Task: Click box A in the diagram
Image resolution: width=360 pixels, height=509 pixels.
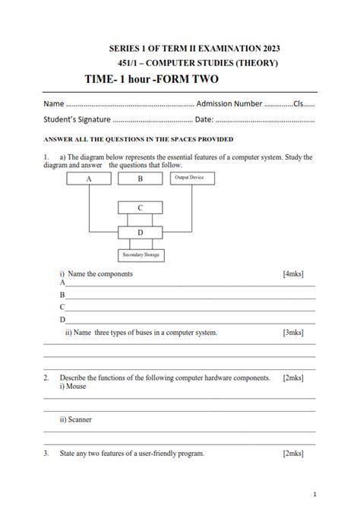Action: point(89,179)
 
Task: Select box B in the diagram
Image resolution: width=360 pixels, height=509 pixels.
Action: point(140,179)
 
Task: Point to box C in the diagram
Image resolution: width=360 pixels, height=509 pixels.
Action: point(140,207)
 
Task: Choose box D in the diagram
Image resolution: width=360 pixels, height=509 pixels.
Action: point(140,232)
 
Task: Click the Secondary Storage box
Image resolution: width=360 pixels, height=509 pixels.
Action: point(140,256)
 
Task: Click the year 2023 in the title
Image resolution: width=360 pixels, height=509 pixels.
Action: point(265,48)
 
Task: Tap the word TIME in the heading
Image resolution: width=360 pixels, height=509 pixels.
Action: point(102,78)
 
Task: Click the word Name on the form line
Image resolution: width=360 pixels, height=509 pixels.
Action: point(53,103)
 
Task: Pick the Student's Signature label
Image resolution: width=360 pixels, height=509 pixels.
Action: point(77,119)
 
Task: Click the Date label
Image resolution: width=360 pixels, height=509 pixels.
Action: point(204,119)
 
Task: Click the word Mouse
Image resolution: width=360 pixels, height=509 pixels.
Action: point(76,387)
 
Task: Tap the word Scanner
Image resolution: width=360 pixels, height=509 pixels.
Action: point(79,419)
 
